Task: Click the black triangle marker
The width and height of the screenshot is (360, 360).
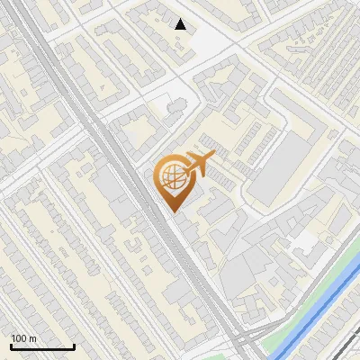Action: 181,24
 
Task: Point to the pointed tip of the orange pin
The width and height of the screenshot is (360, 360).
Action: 171,211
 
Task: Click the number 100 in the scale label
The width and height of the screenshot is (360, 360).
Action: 18,338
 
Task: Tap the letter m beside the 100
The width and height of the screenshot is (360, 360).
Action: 32,338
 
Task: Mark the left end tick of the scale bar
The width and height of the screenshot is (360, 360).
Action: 10,346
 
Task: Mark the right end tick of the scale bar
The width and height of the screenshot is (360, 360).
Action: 75,346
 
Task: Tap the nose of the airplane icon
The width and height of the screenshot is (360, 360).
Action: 214,157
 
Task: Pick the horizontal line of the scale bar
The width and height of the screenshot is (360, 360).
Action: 42,346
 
